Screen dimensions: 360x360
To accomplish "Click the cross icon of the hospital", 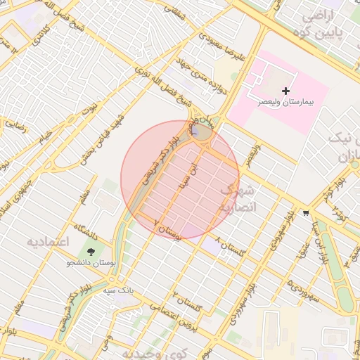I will pos(285,91).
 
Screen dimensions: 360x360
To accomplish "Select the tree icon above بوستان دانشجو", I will pos(91,252).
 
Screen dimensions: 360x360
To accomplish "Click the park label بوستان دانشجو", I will pos(91,263).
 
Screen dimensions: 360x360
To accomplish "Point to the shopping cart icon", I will pos(306,212).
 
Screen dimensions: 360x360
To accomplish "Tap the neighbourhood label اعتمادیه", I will pos(49,242).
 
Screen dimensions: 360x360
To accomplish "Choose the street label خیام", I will pos(45,134).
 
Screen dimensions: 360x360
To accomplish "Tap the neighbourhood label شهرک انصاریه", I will pos(238,200).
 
